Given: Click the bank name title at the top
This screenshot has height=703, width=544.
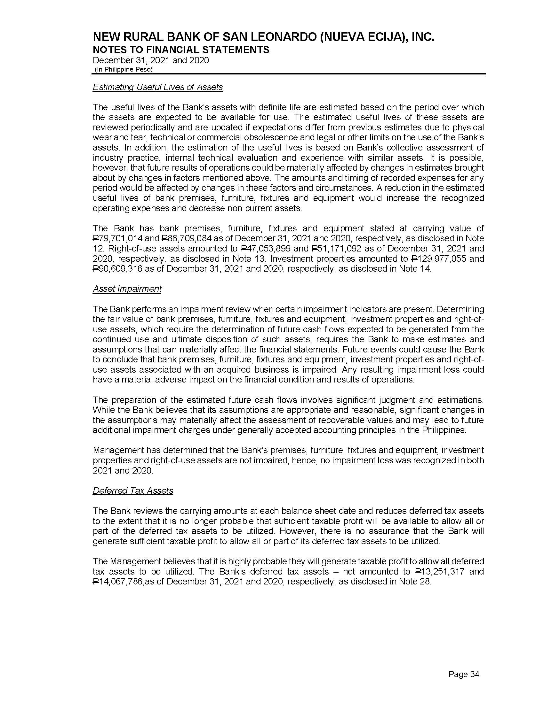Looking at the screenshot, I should point(263,38).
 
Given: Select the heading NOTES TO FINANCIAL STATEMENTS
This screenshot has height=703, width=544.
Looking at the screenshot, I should point(181,50).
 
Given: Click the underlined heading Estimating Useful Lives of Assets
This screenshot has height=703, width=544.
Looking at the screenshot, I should point(157,87).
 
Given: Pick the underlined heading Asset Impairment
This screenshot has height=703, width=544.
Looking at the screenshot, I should point(127,289).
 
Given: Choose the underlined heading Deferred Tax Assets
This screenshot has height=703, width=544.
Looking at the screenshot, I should point(133,491).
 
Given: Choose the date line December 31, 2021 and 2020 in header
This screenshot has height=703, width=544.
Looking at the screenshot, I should point(150,60).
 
